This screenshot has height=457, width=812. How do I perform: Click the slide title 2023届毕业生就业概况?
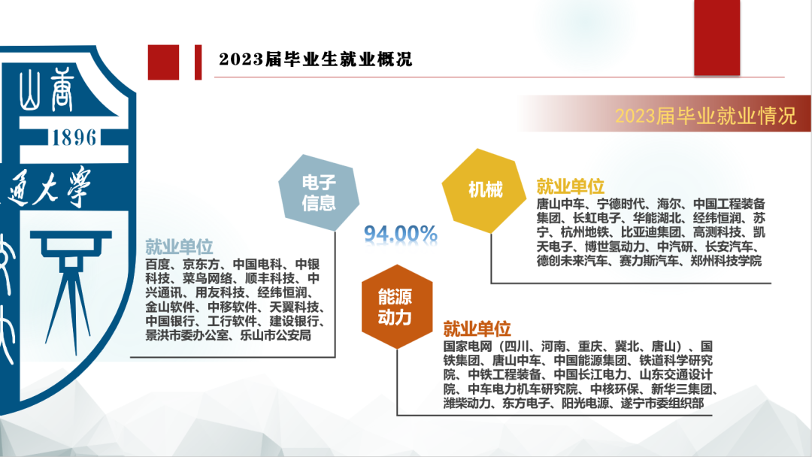315,59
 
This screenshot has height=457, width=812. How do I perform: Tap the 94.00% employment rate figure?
400,234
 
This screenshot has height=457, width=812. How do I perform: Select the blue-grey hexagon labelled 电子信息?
319,192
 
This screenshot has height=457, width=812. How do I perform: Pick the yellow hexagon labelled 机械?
484,190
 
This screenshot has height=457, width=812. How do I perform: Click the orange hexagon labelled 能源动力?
397,307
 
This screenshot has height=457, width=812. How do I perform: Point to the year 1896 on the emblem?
74,138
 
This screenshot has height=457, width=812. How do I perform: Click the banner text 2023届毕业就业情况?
705,116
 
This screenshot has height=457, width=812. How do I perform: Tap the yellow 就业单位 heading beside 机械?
570,186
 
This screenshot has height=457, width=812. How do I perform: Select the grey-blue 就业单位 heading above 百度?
179,247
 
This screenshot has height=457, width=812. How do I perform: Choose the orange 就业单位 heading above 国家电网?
477,328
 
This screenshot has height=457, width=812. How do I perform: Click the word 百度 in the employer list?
157,264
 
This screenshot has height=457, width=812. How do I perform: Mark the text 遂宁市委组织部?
662,403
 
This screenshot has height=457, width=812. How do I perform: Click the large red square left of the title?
164,62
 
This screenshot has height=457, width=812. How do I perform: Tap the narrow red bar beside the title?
198,62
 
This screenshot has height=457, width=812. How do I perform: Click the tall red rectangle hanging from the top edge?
717,38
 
